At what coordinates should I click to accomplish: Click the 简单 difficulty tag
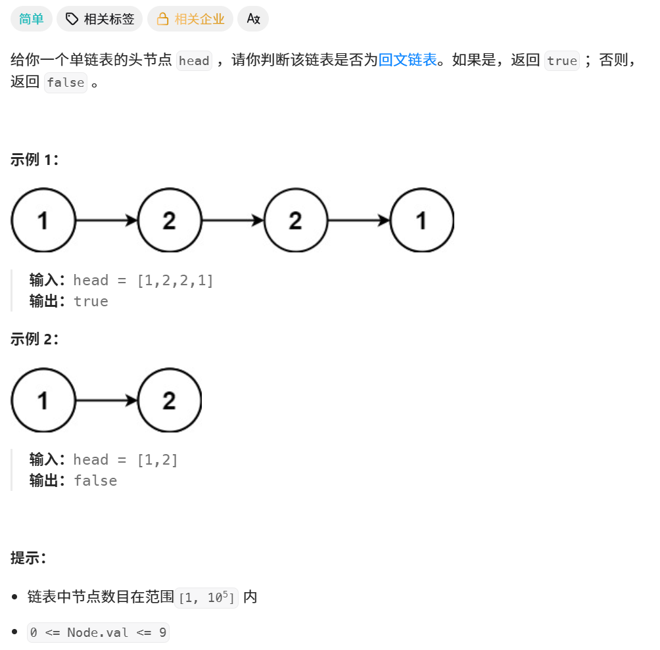pos(32,19)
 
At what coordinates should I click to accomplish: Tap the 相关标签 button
pos(100,19)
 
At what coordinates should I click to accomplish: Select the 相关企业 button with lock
pos(190,19)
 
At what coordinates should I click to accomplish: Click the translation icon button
pos(253,19)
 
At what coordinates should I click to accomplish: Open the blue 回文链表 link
pos(408,60)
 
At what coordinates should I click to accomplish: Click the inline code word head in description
pos(194,61)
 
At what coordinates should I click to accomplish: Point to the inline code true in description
pos(562,61)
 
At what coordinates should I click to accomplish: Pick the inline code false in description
pos(66,83)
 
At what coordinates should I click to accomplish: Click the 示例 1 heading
pos(35,160)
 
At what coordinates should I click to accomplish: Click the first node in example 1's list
pos(43,221)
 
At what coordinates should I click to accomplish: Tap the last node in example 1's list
pos(422,221)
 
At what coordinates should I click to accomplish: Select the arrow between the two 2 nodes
pos(232,221)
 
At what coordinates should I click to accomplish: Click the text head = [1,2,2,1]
pos(143,280)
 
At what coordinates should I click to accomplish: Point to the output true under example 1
pos(91,301)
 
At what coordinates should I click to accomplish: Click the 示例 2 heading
pos(35,339)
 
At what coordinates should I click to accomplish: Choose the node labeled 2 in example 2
pos(170,400)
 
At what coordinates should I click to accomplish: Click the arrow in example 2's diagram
pos(106,400)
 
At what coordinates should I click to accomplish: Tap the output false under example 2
pos(95,480)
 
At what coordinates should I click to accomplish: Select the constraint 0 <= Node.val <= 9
pos(98,633)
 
